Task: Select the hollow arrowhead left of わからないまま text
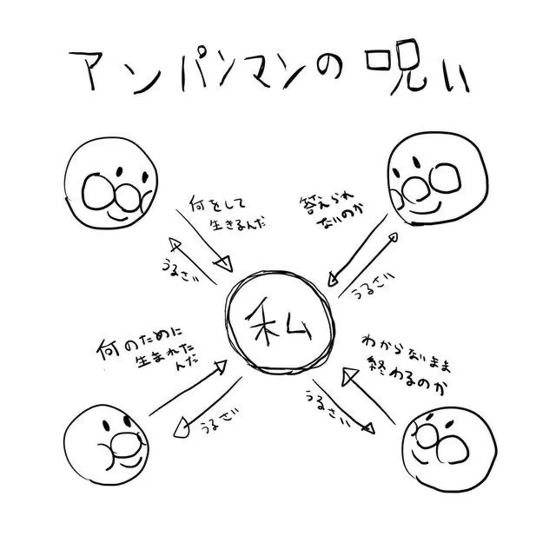coord(350,376)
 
